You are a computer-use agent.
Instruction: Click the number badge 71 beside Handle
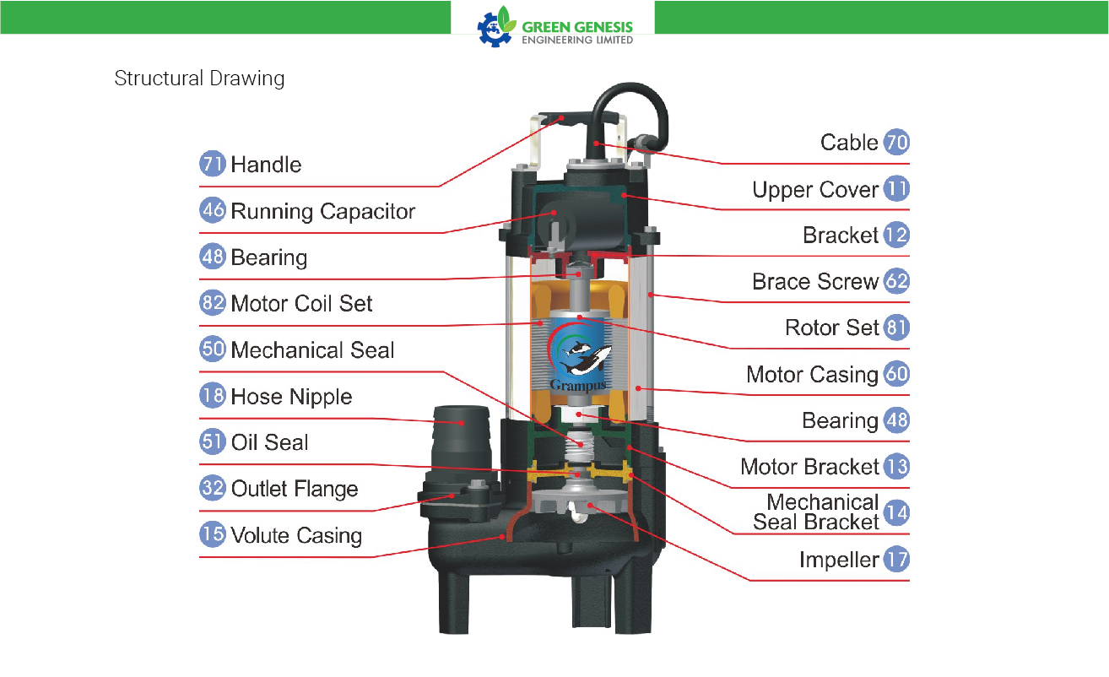pos(213,164)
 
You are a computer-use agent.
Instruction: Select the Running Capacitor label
pos(322,212)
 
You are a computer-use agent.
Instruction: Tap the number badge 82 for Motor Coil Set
pos(213,302)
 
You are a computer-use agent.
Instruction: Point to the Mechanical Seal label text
pos(312,350)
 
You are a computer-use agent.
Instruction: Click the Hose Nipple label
pos(291,397)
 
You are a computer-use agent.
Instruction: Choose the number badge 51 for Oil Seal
pos(213,441)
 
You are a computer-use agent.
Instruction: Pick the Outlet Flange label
pos(294,489)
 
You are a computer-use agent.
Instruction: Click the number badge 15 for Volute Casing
pos(213,534)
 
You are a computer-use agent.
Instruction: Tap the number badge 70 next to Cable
pos(896,142)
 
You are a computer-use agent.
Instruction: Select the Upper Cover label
pos(815,190)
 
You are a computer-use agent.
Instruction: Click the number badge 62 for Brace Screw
pos(896,281)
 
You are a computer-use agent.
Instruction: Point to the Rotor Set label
pos(832,328)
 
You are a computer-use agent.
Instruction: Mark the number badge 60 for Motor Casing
pos(896,374)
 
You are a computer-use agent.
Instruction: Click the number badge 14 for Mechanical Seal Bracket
pos(896,512)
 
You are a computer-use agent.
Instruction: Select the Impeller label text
pos(839,561)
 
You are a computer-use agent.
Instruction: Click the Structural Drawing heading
pos(199,79)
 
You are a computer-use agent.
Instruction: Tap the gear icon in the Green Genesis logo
pos(494,29)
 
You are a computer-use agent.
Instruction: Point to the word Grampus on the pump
pos(578,385)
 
